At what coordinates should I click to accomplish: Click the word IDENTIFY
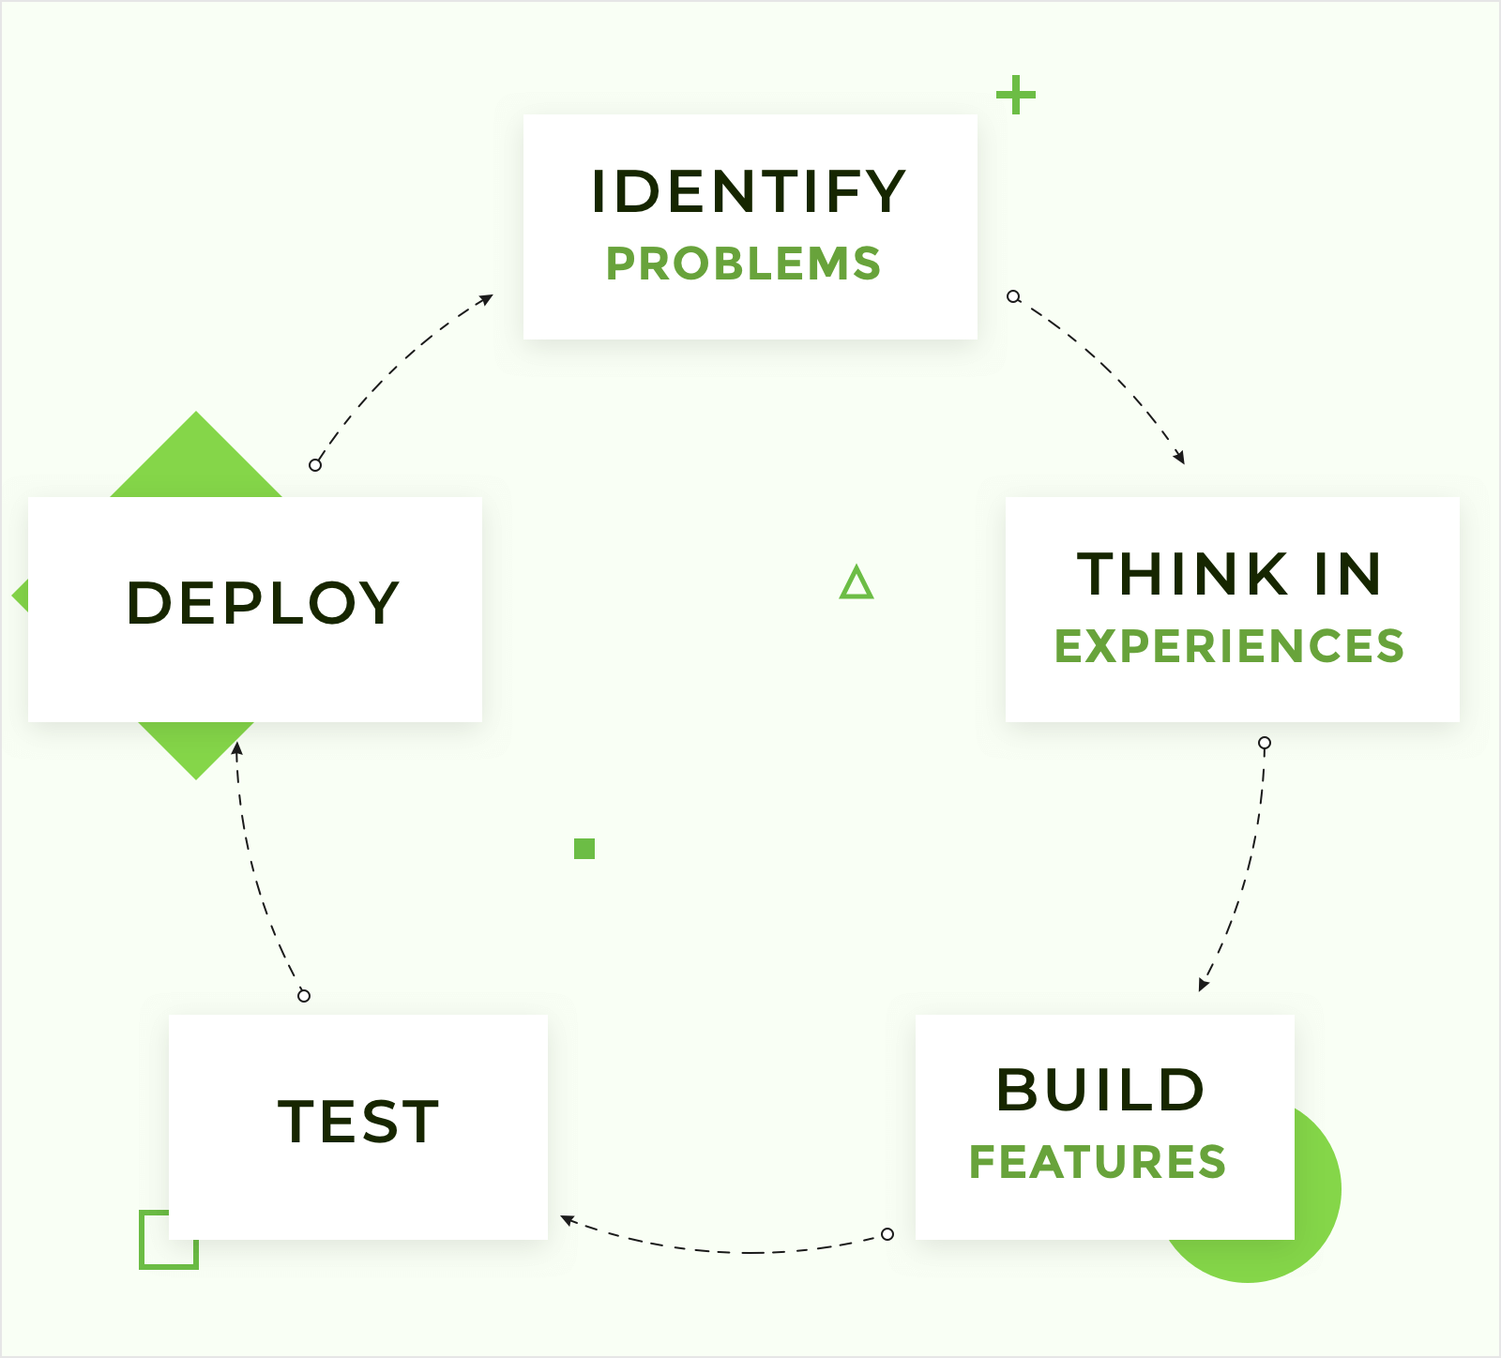(749, 191)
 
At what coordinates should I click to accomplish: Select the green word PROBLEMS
(743, 264)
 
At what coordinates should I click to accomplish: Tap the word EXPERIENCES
(1229, 646)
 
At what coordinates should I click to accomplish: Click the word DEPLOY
(263, 602)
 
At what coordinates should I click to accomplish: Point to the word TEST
(358, 1121)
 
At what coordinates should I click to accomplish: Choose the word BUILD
(1100, 1090)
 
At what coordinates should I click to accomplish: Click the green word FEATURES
(1098, 1162)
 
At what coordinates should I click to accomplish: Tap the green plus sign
(1016, 96)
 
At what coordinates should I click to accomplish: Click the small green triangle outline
(857, 583)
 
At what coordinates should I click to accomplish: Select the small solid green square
(584, 849)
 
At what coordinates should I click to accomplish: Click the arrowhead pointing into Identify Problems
(486, 299)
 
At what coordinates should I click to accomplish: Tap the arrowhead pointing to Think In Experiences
(1180, 458)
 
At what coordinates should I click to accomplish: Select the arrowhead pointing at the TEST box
(567, 1219)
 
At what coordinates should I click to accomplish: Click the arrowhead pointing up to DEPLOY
(237, 747)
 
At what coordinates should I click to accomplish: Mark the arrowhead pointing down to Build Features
(1203, 985)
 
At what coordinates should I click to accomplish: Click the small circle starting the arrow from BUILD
(887, 1234)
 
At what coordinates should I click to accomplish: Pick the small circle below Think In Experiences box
(1265, 743)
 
